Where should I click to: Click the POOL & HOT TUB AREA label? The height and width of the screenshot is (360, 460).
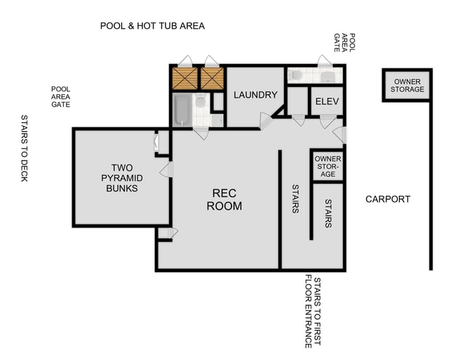[x=152, y=26]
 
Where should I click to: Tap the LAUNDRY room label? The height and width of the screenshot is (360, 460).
[x=255, y=95]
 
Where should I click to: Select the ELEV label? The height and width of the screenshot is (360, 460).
[x=327, y=102]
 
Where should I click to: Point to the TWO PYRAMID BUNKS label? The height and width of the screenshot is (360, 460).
[x=121, y=178]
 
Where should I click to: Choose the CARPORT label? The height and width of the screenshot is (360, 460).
[x=388, y=199]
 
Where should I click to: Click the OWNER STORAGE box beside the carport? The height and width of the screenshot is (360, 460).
[x=407, y=86]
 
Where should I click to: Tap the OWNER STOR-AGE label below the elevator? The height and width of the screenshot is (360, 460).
[x=327, y=166]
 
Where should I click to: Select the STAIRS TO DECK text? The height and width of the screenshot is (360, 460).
[x=24, y=148]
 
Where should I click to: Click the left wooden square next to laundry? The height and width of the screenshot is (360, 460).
[x=184, y=79]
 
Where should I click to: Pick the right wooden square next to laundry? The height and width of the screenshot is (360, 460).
[x=211, y=79]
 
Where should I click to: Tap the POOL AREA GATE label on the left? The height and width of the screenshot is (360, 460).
[x=60, y=96]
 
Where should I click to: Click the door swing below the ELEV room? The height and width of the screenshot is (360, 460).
[x=327, y=121]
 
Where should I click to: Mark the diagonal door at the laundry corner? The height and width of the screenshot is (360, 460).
[x=266, y=121]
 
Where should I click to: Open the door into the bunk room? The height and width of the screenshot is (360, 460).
[x=166, y=170]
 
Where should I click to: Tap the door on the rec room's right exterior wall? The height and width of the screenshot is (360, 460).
[x=340, y=134]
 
